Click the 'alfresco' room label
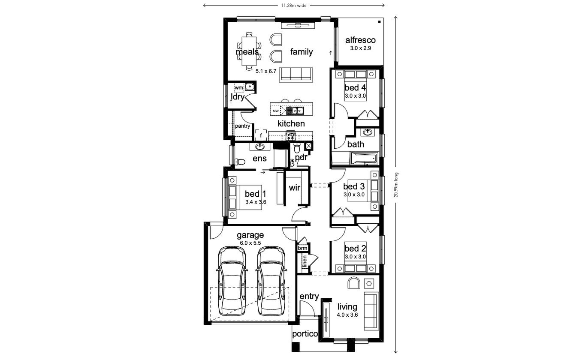360,40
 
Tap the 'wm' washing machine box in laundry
239,88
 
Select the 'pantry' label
242,126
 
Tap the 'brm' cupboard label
303,248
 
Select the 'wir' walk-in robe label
294,188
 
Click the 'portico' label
305,334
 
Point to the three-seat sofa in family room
295,74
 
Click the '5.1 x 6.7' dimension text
266,71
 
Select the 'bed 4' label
355,88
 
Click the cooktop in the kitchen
291,136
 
